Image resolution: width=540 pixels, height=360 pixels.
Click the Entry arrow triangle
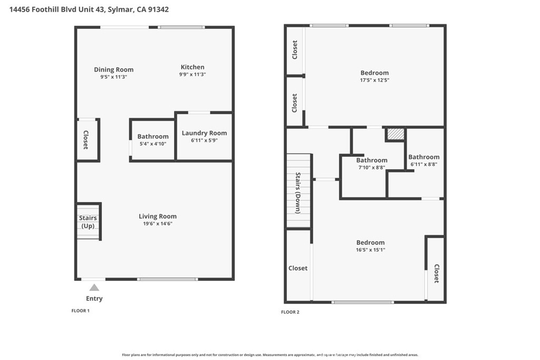(94, 288)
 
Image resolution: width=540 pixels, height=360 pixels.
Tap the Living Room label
(158, 216)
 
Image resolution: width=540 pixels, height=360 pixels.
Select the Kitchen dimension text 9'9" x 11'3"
(192, 74)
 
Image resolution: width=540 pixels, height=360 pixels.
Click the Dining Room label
(114, 70)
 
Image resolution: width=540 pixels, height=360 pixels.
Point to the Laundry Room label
(204, 133)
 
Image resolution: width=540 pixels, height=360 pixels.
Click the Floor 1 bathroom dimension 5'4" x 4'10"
(153, 144)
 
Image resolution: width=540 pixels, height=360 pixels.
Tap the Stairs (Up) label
(88, 222)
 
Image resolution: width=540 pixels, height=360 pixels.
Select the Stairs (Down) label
(298, 193)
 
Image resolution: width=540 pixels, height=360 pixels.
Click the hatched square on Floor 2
(395, 134)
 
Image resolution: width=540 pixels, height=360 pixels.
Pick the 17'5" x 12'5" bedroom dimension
(375, 80)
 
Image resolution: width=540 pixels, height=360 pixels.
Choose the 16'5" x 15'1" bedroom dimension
(371, 250)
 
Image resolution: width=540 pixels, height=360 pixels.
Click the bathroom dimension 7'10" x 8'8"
(372, 168)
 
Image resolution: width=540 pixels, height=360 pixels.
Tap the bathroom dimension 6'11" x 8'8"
(424, 164)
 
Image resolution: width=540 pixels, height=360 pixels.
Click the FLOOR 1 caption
(81, 311)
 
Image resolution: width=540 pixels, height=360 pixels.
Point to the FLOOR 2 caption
(291, 312)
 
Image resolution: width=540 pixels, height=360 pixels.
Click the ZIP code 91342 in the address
(158, 9)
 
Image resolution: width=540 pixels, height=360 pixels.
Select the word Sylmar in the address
(120, 9)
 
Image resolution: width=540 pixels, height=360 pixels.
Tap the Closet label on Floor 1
(86, 140)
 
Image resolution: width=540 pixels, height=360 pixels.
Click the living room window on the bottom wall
(167, 279)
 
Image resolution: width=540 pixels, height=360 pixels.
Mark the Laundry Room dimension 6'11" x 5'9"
(204, 140)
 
